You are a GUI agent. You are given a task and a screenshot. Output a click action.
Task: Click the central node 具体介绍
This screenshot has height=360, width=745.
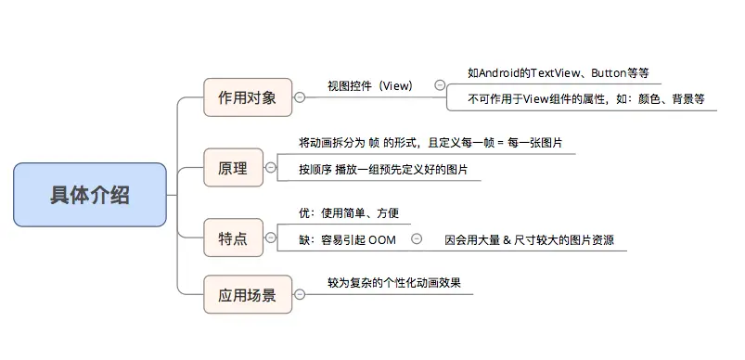coord(90,195)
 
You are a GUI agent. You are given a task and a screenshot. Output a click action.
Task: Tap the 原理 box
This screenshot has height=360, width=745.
coord(233,168)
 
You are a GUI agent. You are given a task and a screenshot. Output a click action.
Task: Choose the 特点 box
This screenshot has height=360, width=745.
coord(233,238)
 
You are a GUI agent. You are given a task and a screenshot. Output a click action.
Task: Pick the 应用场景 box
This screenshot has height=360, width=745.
coord(248,296)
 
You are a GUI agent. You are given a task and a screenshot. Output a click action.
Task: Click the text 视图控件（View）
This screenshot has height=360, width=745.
coord(369,86)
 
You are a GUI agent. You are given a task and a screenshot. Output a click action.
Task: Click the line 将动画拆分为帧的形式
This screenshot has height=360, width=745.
coord(430,144)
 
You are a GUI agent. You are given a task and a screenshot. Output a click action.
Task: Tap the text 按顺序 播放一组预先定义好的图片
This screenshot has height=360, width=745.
coord(383,170)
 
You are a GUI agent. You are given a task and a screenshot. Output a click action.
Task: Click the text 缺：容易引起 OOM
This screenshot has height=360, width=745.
coord(347,239)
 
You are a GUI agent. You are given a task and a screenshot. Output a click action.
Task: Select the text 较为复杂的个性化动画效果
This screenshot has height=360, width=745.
coord(393,283)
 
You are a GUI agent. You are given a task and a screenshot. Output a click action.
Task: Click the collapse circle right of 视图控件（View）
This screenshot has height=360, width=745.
coord(440,85)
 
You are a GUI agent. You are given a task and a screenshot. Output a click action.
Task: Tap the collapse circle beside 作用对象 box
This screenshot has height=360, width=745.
coord(300,97)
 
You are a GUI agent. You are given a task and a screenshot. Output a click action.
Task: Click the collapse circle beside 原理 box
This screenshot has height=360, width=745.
coord(270,168)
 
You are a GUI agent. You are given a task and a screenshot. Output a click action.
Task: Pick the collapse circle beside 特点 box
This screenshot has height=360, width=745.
coord(270,238)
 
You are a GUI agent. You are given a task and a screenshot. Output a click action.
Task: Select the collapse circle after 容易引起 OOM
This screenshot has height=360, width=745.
coord(416,238)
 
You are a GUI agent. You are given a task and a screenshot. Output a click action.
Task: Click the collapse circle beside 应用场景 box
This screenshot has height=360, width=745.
coord(300,296)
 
